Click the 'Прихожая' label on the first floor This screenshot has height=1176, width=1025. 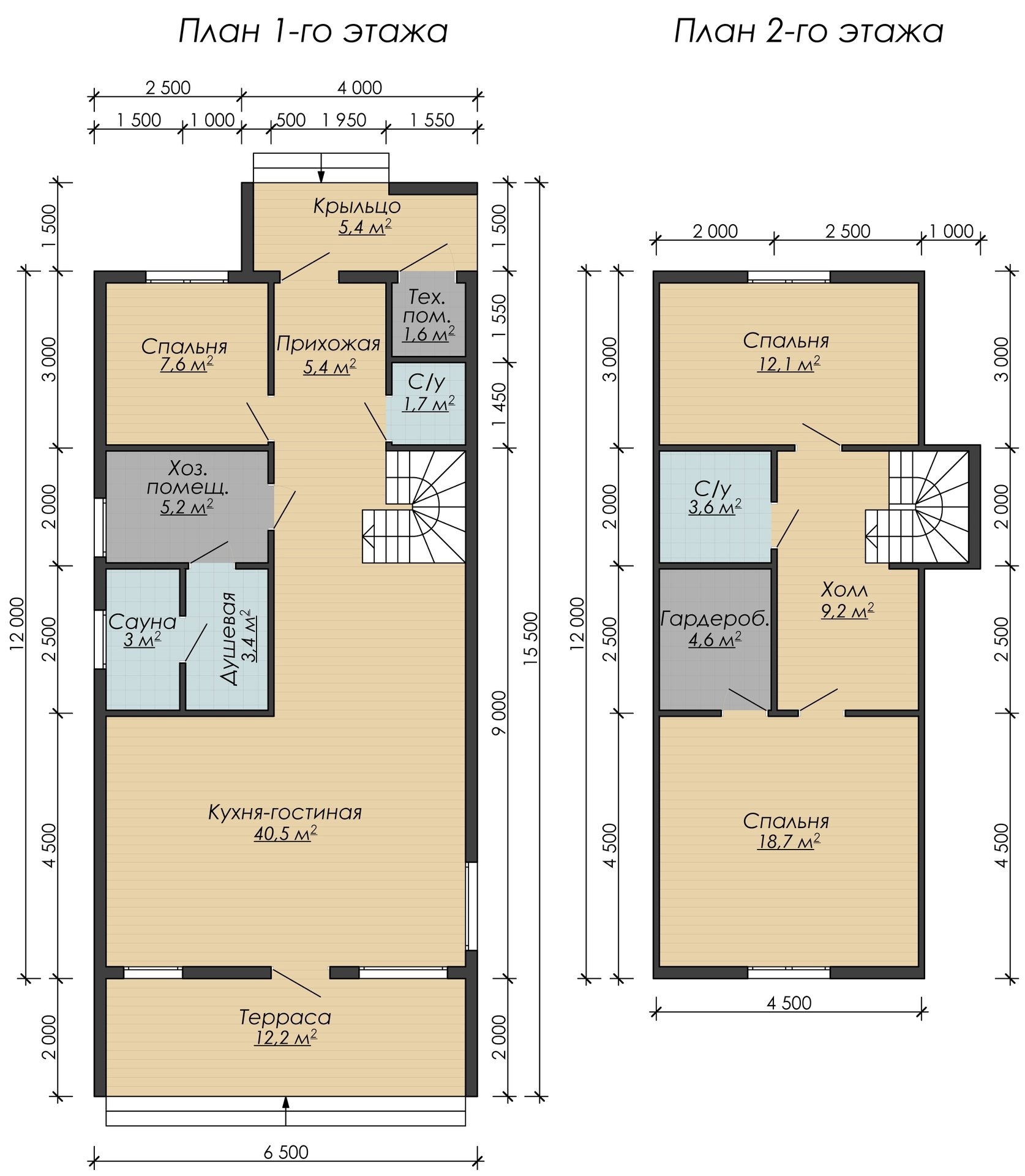coord(328,344)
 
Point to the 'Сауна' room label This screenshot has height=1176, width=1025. coord(142,622)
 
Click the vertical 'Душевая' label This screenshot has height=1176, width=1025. coord(228,639)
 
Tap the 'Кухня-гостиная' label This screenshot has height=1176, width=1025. coord(285,813)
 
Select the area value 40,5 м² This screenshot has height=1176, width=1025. coord(285,834)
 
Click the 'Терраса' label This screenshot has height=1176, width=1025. coord(285,1017)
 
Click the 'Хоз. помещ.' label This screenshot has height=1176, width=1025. coord(188,479)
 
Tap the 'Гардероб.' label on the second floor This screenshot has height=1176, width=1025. coord(715,619)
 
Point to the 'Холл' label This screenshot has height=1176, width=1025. coord(844,590)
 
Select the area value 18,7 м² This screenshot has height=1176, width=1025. coord(789,842)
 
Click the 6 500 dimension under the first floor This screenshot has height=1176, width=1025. coord(286,1149)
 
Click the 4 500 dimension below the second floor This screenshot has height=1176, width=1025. coord(789,1003)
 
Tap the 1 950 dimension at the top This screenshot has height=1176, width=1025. coord(344,120)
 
